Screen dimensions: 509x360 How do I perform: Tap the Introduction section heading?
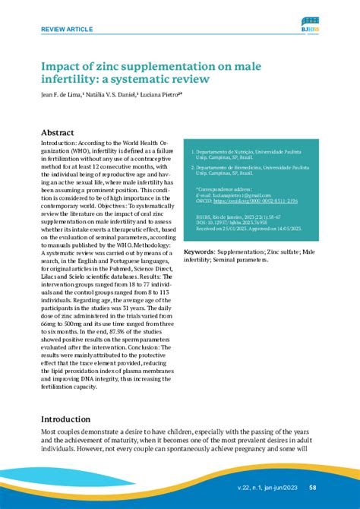pyautogui.click(x=72, y=419)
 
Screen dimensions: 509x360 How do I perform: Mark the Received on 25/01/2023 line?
pyautogui.click(x=251, y=227)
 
